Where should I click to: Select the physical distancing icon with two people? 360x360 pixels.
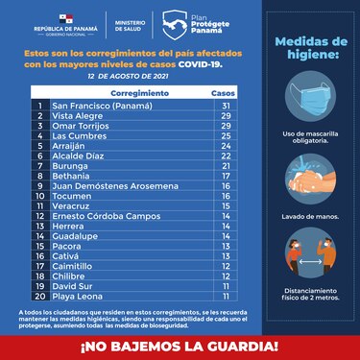click(x=312, y=253)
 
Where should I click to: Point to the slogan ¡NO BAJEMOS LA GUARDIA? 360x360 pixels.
click(x=180, y=343)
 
